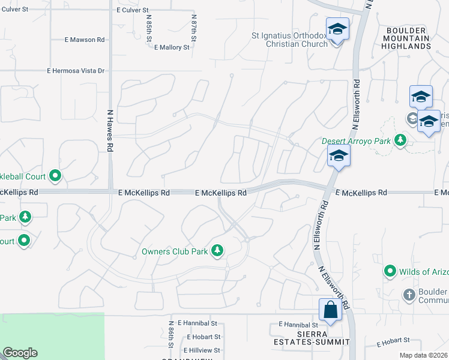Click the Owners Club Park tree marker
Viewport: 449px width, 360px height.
tap(217, 251)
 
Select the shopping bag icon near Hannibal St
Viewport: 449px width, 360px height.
tap(330, 310)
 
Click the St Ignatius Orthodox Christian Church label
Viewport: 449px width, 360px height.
tap(289, 39)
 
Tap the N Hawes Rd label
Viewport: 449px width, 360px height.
tap(110, 130)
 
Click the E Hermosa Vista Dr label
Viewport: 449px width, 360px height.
tap(76, 71)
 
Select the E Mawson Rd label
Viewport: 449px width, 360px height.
tap(85, 40)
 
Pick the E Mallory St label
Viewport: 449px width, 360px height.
tap(172, 47)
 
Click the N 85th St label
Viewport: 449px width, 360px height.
tap(148, 29)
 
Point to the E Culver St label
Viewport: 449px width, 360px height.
tap(133, 10)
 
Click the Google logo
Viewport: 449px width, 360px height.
tap(20, 353)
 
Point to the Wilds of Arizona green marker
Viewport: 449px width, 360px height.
tap(390, 271)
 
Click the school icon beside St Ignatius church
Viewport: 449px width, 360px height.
tap(337, 29)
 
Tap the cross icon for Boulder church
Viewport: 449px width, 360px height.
tap(409, 295)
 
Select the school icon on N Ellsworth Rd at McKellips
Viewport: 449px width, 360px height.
tap(339, 156)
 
